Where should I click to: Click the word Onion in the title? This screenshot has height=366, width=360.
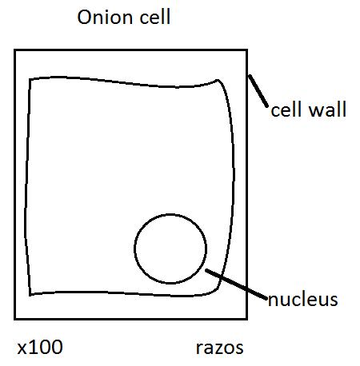click(x=106, y=17)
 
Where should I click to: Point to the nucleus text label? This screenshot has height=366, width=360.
click(x=302, y=300)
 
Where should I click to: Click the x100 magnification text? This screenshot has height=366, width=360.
click(x=40, y=348)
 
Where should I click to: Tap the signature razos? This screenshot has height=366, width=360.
click(x=219, y=348)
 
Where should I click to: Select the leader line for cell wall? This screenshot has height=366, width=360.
click(x=258, y=91)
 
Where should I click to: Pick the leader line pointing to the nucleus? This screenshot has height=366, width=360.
click(x=236, y=284)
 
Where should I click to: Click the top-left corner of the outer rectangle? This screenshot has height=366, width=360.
click(x=15, y=50)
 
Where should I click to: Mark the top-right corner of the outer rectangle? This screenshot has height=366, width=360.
click(x=247, y=50)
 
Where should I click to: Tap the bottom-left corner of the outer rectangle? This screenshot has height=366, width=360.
click(x=15, y=319)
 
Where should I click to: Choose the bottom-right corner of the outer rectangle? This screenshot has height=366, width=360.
click(x=247, y=319)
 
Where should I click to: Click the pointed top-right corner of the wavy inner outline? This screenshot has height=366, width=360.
click(x=218, y=80)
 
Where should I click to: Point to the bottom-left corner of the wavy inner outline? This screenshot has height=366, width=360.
click(x=30, y=295)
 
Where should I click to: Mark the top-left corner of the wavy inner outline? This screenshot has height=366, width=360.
click(x=30, y=79)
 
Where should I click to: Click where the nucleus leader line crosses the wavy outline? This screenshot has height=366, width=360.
click(x=222, y=277)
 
